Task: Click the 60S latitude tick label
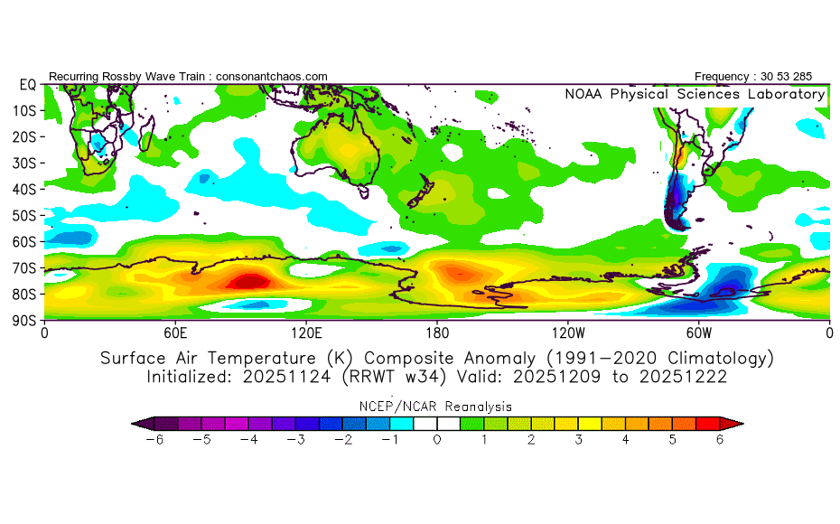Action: click(25, 241)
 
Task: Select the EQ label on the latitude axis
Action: click(27, 84)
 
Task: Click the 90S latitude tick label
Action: click(25, 320)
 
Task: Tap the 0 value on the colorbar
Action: click(436, 440)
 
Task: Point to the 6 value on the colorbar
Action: click(720, 440)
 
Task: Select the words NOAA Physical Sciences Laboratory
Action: click(695, 94)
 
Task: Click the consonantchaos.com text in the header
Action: click(272, 77)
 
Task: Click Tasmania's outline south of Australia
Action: click(364, 192)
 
